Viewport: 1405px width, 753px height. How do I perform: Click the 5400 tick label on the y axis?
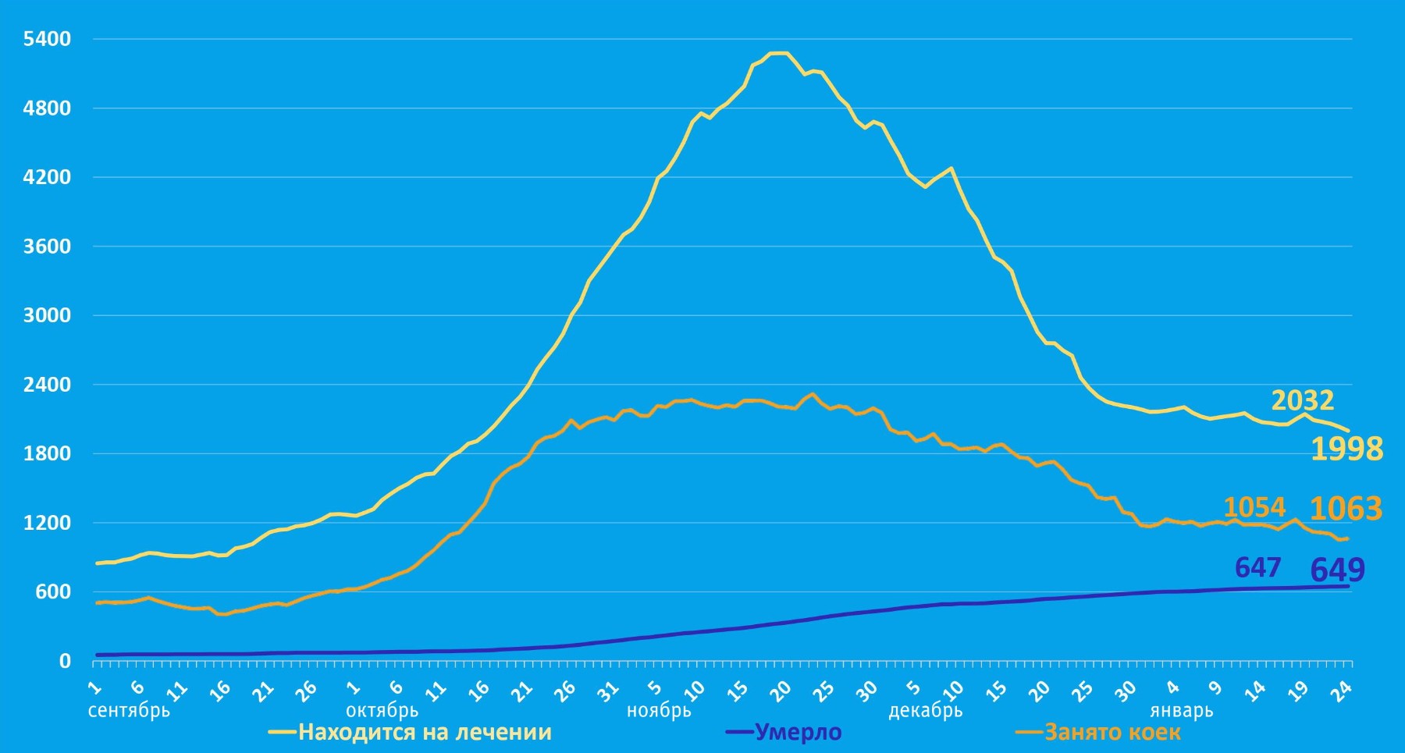pos(47,39)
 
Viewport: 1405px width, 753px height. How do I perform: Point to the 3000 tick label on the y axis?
pos(47,315)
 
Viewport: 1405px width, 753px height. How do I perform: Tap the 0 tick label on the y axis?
pos(65,661)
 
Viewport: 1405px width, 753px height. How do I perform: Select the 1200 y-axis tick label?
pos(47,523)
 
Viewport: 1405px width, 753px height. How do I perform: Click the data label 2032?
pos(1303,400)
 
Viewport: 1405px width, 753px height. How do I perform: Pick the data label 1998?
pos(1346,449)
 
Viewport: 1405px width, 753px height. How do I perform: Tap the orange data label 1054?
pos(1254,508)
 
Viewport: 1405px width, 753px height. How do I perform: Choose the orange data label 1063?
pos(1346,509)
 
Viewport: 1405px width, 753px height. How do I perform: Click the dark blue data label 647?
pos(1257,567)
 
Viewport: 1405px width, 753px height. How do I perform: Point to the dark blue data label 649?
pos(1337,570)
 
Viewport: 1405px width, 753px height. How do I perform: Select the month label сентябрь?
pos(129,711)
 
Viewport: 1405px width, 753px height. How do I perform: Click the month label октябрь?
pos(382,711)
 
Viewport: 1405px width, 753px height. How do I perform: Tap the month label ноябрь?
pos(659,711)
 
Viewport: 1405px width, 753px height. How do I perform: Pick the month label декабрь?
pos(925,711)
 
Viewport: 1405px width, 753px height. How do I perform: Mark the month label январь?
pos(1181,711)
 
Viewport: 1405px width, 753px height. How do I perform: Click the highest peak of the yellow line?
pos(779,53)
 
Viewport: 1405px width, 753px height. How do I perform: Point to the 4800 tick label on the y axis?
pos(47,108)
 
